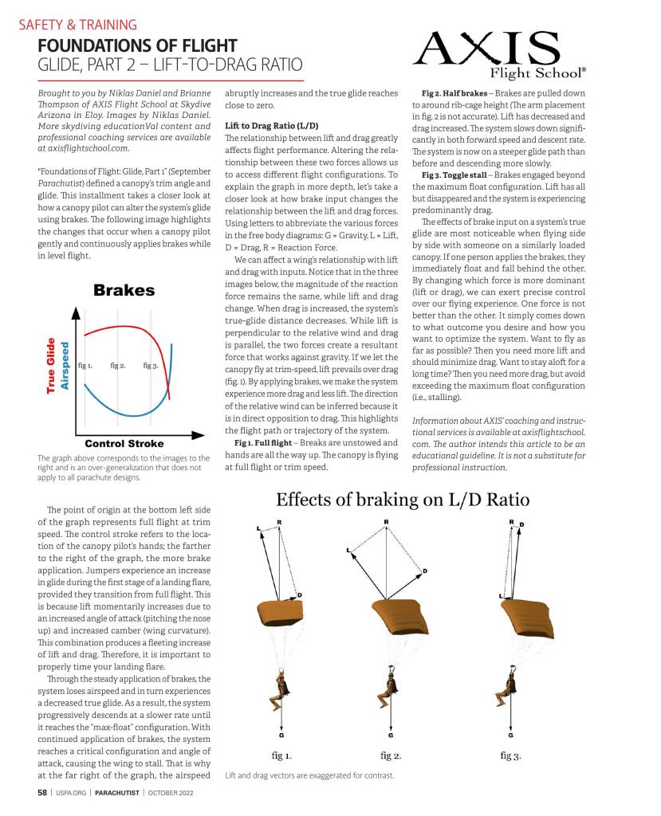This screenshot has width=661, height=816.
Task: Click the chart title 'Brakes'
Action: [124, 290]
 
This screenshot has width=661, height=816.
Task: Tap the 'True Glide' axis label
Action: [51, 364]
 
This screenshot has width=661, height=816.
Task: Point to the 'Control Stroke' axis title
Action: [124, 443]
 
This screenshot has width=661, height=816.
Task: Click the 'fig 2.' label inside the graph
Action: [118, 366]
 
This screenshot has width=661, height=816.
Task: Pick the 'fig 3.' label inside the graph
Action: [151, 366]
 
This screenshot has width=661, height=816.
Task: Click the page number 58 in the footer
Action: [42, 793]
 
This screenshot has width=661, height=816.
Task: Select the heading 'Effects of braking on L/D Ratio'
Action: [403, 500]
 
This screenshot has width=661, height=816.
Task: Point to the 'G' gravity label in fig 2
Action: [391, 734]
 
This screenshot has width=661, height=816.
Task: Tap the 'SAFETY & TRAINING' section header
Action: [77, 25]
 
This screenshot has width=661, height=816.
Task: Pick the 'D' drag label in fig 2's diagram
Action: [425, 571]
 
